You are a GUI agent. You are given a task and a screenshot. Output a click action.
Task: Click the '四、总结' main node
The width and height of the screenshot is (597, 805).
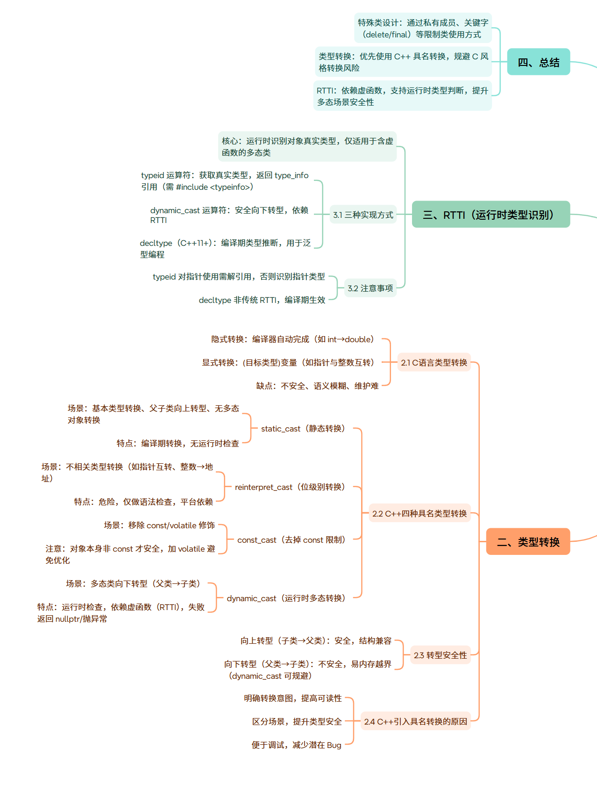pyautogui.click(x=538, y=62)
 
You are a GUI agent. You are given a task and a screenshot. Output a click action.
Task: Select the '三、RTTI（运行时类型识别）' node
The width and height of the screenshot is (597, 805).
pyautogui.click(x=490, y=215)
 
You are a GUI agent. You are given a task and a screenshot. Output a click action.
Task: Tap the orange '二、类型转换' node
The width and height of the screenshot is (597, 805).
pyautogui.click(x=528, y=542)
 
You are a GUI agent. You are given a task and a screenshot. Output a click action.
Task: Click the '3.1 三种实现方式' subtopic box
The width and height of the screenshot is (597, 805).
pyautogui.click(x=363, y=215)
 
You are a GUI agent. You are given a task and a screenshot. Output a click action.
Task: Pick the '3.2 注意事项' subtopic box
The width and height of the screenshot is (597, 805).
pyautogui.click(x=370, y=288)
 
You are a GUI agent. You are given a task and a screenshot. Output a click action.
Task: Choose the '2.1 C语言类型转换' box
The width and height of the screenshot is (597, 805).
pyautogui.click(x=434, y=363)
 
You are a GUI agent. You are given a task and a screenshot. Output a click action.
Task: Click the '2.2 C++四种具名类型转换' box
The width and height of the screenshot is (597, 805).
pyautogui.click(x=419, y=514)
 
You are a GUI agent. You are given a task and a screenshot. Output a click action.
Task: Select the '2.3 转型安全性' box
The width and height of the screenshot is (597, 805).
pyautogui.click(x=440, y=655)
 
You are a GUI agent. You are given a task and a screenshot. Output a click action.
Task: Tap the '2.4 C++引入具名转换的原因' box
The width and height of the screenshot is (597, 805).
pyautogui.click(x=415, y=722)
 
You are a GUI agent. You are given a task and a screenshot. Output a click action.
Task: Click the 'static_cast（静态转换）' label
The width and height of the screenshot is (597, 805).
pyautogui.click(x=303, y=429)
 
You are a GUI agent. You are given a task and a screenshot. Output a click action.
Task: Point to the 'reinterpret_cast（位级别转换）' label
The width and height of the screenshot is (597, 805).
pyautogui.click(x=290, y=487)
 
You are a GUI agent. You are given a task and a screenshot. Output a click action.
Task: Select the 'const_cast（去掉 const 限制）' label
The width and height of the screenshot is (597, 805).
pyautogui.click(x=291, y=540)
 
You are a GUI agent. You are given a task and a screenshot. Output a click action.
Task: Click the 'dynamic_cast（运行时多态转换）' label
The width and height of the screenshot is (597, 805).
pyautogui.click(x=286, y=598)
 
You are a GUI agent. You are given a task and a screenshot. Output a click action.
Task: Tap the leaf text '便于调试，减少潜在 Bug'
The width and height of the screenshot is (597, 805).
pyautogui.click(x=296, y=745)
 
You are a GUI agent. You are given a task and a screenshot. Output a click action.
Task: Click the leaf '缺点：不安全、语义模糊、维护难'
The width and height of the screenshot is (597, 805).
pyautogui.click(x=317, y=386)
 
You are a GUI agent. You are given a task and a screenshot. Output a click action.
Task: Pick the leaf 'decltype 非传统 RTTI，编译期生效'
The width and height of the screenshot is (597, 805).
pyautogui.click(x=262, y=300)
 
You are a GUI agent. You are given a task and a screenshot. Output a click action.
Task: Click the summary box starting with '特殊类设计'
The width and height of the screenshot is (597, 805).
pyautogui.click(x=423, y=29)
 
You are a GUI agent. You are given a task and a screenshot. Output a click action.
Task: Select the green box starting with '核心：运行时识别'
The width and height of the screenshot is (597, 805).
pyautogui.click(x=307, y=147)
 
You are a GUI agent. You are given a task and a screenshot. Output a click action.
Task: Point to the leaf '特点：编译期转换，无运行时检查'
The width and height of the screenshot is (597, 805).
pyautogui.click(x=178, y=444)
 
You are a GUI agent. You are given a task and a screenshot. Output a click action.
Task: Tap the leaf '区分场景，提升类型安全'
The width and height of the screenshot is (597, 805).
pyautogui.click(x=297, y=722)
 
